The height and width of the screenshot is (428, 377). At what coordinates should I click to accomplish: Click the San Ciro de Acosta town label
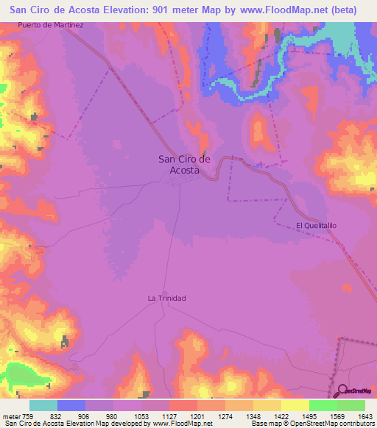185,164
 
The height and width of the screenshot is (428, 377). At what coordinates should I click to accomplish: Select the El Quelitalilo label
315,226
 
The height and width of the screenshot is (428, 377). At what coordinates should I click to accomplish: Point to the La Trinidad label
166,298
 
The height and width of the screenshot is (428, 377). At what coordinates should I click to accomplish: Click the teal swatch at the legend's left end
43,405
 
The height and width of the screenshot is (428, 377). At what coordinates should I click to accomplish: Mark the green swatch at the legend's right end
351,405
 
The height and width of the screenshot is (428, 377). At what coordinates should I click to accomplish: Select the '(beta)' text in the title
342,10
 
